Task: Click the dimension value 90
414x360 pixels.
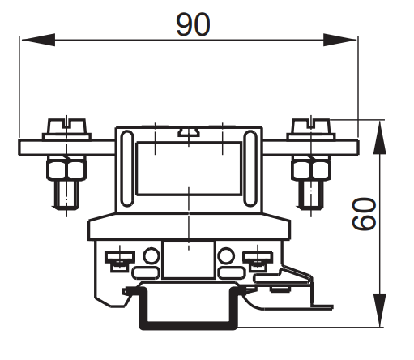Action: click(x=193, y=24)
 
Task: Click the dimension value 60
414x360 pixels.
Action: click(x=364, y=214)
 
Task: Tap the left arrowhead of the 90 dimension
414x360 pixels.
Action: click(x=38, y=40)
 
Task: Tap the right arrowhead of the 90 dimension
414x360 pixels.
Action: click(x=340, y=40)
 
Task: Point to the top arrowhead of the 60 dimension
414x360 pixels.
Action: click(x=380, y=137)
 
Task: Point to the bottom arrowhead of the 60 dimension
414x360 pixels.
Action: click(x=380, y=311)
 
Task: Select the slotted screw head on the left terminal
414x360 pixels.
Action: click(x=66, y=126)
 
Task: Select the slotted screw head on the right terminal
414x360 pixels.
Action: click(x=311, y=126)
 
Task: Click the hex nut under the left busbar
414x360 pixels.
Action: click(x=66, y=169)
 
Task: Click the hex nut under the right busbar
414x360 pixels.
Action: click(x=311, y=169)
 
